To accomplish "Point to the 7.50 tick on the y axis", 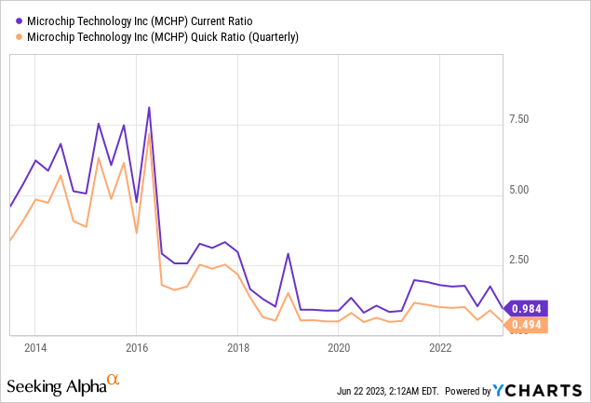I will pyautogui.click(x=517, y=119).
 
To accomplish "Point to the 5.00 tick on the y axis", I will pyautogui.click(x=517, y=190).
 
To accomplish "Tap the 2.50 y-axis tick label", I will pyautogui.click(x=517, y=260).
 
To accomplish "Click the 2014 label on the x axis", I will pyautogui.click(x=34, y=347).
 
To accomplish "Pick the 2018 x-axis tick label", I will pyautogui.click(x=237, y=347).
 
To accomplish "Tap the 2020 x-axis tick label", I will pyautogui.click(x=339, y=347).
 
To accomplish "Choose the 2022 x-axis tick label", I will pyautogui.click(x=440, y=347).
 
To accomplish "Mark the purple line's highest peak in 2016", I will pyautogui.click(x=149, y=108).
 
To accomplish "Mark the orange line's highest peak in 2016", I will pyautogui.click(x=149, y=133).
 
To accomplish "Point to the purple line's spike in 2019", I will pyautogui.click(x=288, y=254).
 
